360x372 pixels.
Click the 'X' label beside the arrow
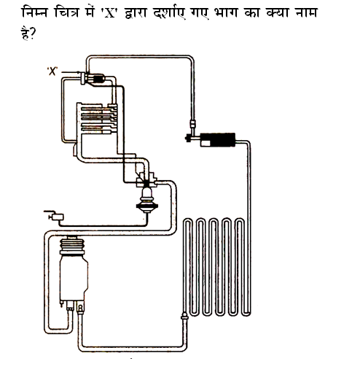(x=52, y=71)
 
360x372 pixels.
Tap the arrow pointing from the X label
(x=71, y=72)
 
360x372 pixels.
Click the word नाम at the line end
(x=306, y=12)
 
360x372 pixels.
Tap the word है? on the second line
(x=28, y=33)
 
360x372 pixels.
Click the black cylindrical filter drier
(x=218, y=140)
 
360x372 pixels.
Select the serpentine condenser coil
(x=217, y=267)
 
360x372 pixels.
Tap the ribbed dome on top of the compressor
(x=72, y=245)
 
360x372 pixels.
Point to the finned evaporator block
(x=97, y=118)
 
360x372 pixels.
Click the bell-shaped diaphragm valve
(x=147, y=199)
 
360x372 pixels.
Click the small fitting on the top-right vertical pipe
(x=193, y=124)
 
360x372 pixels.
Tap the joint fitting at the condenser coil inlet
(x=184, y=317)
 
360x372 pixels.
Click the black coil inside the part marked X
(x=98, y=79)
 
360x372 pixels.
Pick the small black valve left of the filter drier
(x=188, y=139)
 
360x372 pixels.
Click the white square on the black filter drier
(x=206, y=143)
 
